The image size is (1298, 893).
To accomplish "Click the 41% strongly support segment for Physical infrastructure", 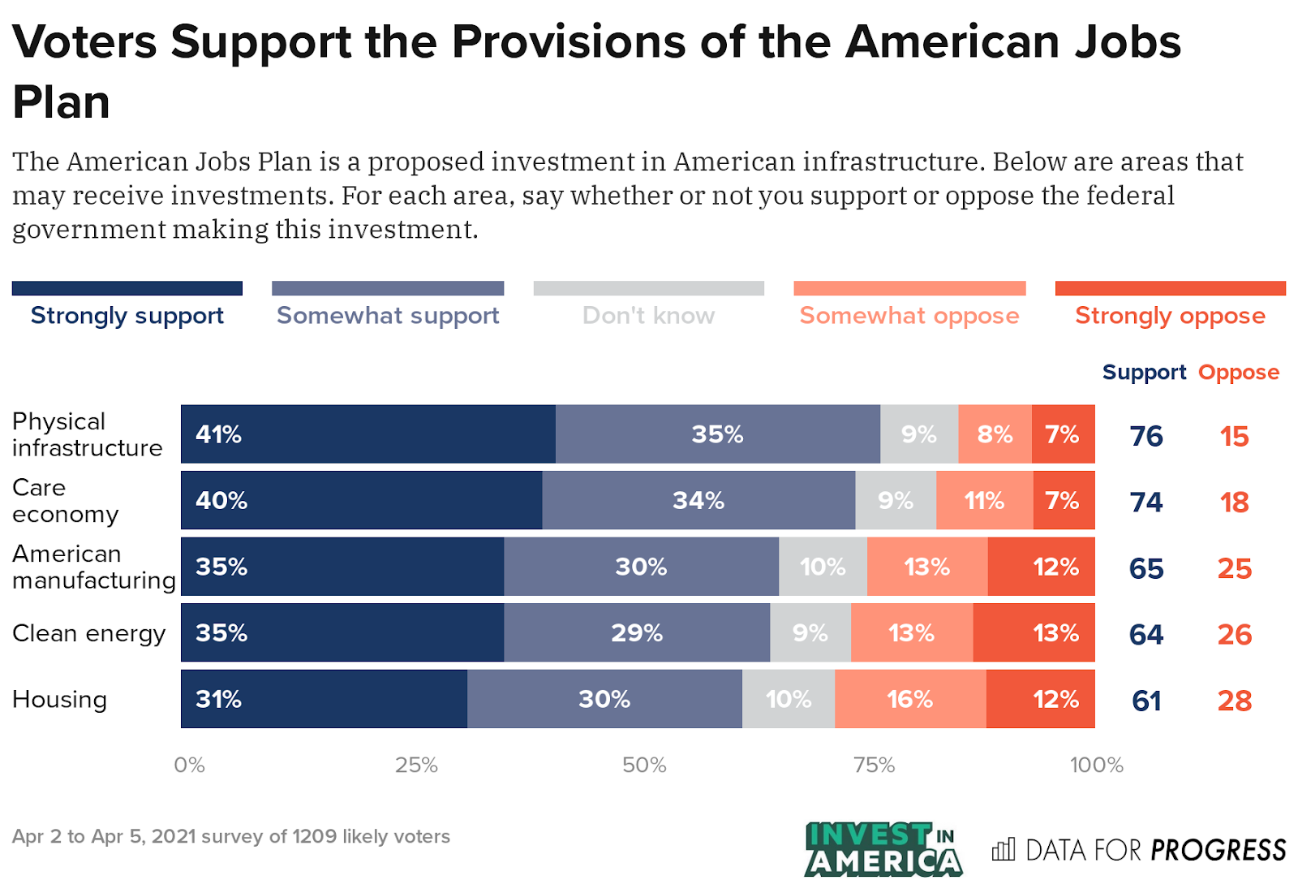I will click(367, 434).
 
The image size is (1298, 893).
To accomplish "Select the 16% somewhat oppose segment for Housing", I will click(910, 699).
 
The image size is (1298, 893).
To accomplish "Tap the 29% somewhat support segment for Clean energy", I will click(637, 632).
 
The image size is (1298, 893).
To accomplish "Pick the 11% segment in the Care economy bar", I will click(984, 500).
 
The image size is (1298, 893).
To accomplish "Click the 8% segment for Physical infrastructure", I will click(995, 434).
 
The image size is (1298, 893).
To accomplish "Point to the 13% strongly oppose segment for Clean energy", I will click(1034, 632).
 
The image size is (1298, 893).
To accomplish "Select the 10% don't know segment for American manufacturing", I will click(823, 567).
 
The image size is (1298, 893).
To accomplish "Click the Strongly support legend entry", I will click(127, 315).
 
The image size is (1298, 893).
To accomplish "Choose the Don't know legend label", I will click(648, 315).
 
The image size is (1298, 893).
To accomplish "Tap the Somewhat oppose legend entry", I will click(909, 315).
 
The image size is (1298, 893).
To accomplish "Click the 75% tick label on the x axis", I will click(874, 765).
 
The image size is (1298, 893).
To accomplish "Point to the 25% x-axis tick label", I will click(416, 765).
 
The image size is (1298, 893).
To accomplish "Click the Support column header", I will click(1144, 373).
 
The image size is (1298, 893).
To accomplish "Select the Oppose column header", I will click(1238, 373).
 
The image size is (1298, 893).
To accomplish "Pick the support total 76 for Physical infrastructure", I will click(1146, 436).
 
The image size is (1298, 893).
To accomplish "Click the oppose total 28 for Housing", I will click(1234, 701).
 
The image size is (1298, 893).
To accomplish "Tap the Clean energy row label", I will click(88, 633).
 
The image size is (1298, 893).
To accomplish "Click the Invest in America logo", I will click(883, 849).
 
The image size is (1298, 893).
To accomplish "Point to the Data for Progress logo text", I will click(1139, 850).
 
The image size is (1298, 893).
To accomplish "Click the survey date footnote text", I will click(231, 836).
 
